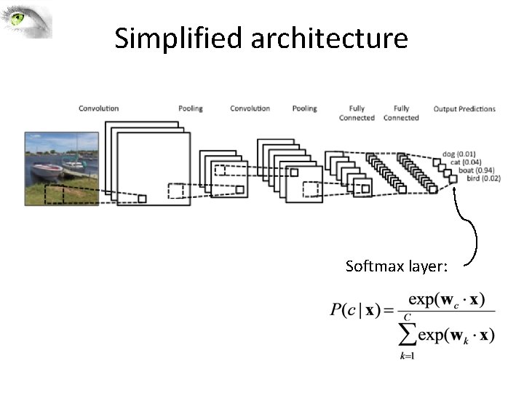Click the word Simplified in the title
178,38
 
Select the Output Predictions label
464,109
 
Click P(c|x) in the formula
354,310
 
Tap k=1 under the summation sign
408,356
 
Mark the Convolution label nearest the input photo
98,109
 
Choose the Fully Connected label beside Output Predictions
401,113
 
